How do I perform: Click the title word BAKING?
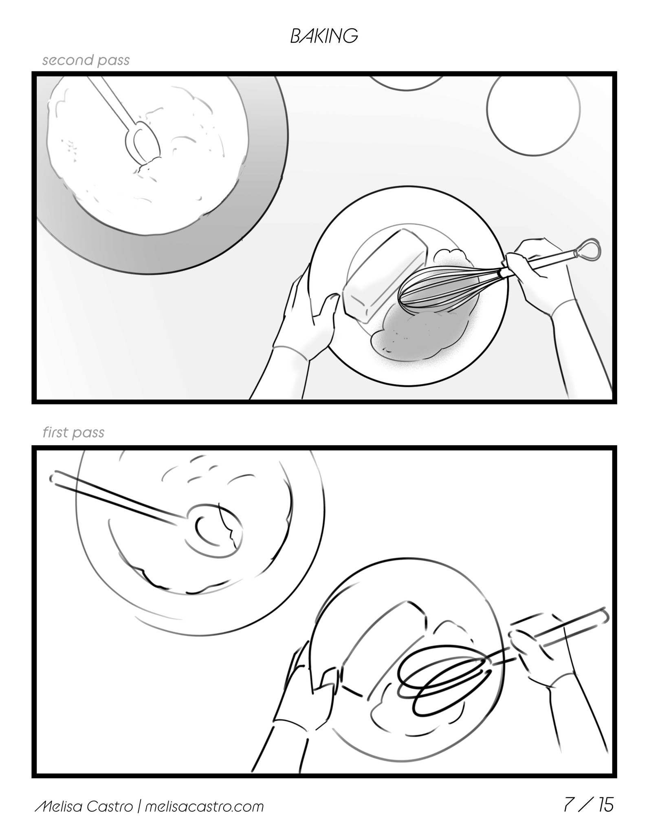[x=324, y=36]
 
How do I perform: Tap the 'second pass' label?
[x=86, y=60]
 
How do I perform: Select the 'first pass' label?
[x=74, y=433]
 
